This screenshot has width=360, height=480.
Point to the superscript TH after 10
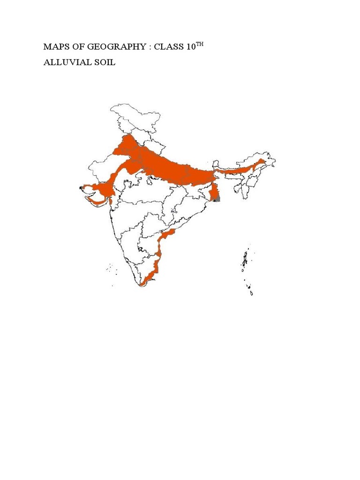click(x=200, y=44)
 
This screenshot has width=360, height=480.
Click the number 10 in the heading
click(x=191, y=47)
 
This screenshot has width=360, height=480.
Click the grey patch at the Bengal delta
click(x=217, y=199)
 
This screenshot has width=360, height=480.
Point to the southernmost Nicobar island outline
click(x=252, y=293)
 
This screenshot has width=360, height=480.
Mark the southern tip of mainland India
click(x=142, y=285)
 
